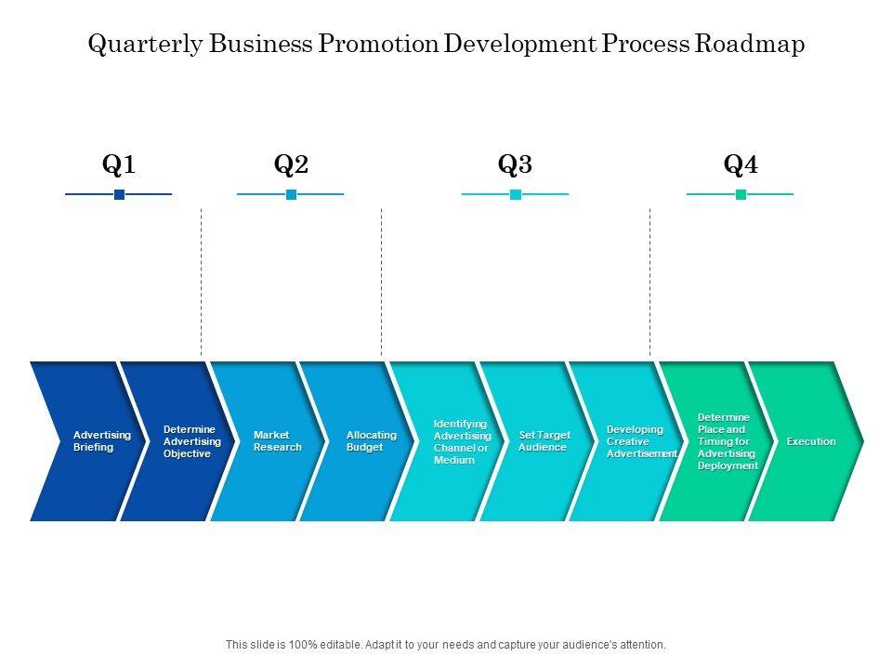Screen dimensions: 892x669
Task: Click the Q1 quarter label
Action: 119,165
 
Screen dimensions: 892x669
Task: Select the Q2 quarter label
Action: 291,165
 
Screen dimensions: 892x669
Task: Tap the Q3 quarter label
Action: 515,165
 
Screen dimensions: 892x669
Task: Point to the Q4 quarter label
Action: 741,165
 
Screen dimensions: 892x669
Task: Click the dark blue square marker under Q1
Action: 119,194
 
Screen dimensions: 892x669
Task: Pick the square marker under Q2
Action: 291,194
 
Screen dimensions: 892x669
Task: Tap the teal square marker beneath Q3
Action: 516,194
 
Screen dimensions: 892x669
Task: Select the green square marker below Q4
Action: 741,194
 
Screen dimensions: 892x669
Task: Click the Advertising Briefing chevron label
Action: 101,441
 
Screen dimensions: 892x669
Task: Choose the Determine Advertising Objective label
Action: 191,441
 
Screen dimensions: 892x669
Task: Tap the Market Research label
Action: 277,441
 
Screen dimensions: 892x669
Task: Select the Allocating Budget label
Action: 371,441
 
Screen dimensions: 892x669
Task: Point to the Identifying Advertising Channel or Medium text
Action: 462,441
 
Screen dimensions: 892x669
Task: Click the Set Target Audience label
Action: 544,441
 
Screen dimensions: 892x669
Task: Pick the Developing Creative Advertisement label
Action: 641,441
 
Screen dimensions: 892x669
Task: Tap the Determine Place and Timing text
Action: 727,441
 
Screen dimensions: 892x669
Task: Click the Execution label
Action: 811,441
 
